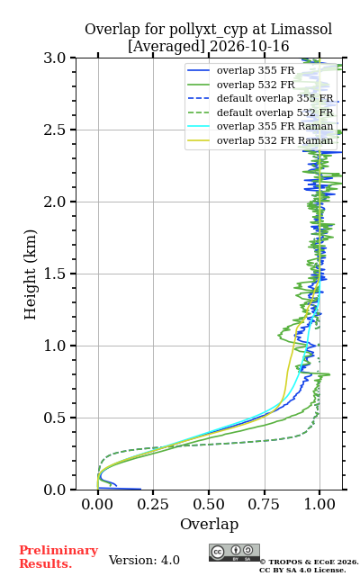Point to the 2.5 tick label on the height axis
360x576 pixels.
click(x=55, y=130)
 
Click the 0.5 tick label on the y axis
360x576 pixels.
click(x=55, y=418)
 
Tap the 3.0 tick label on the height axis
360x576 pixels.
click(x=55, y=58)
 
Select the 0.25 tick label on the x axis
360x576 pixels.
click(x=153, y=504)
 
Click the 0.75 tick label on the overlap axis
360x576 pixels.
click(x=264, y=504)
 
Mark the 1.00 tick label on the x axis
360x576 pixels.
click(x=319, y=504)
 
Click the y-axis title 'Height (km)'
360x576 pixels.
click(x=30, y=274)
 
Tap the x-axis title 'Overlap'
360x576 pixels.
click(x=209, y=524)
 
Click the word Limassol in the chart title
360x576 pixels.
click(x=301, y=29)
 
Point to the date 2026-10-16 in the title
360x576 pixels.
click(x=249, y=46)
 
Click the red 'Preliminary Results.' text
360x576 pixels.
click(x=58, y=557)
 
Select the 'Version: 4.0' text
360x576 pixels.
click(x=144, y=560)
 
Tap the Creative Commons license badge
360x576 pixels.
click(x=234, y=553)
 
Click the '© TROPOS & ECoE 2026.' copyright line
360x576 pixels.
click(x=309, y=562)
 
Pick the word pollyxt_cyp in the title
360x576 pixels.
click(x=208, y=30)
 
